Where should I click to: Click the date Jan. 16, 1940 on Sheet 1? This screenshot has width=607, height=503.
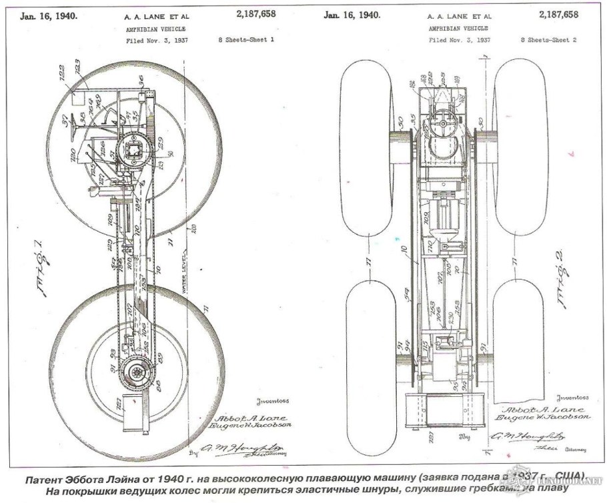coord(51,14)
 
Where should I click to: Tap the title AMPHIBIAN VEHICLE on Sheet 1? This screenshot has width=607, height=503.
coord(155,29)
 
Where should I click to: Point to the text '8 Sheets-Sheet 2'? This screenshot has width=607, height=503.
coord(552,41)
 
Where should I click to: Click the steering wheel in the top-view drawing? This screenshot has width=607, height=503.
coord(441,123)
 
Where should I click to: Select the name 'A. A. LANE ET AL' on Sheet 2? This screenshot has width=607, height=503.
coord(460,15)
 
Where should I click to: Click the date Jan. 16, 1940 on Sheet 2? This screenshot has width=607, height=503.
coord(352,14)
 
